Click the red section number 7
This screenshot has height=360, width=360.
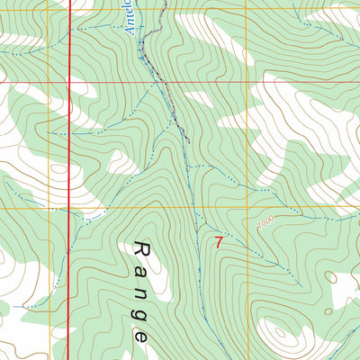pos(219,241)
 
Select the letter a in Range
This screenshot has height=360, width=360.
pos(140,267)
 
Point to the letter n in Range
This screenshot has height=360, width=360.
pos(140,289)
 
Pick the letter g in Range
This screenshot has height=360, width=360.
pos(140,311)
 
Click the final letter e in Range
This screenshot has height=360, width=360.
pos(140,333)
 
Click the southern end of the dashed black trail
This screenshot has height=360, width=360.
pos(190,141)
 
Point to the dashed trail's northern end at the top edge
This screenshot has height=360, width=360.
pos(163,2)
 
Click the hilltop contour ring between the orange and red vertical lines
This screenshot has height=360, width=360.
pos(58,170)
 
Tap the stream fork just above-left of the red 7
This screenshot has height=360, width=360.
pos(202,225)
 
